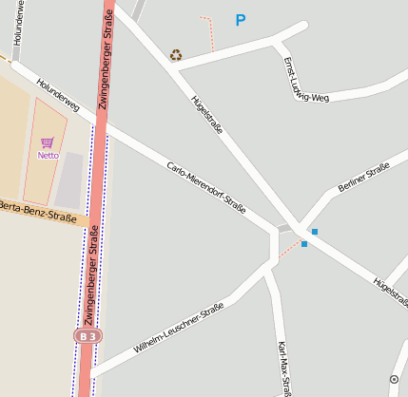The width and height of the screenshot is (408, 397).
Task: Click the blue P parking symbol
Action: tap(241, 20)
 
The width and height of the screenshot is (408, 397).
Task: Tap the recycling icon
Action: tap(176, 55)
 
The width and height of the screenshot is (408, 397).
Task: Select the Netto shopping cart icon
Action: tap(48, 142)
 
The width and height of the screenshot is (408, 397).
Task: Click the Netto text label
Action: tap(48, 155)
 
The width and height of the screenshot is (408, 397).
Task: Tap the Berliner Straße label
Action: tap(363, 178)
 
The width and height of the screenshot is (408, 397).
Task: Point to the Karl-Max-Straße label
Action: tap(282, 368)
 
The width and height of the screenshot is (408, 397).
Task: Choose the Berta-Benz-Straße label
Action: tap(38, 212)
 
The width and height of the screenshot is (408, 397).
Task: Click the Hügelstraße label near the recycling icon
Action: tap(206, 114)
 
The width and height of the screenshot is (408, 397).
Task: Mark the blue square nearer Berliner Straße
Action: tap(314, 232)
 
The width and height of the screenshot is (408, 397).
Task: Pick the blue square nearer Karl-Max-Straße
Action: tap(304, 244)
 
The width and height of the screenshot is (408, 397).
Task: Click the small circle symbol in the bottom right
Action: tap(394, 380)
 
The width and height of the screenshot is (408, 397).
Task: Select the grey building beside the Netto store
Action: tap(69, 180)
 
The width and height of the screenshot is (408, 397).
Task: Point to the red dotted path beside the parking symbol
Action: tap(210, 32)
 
